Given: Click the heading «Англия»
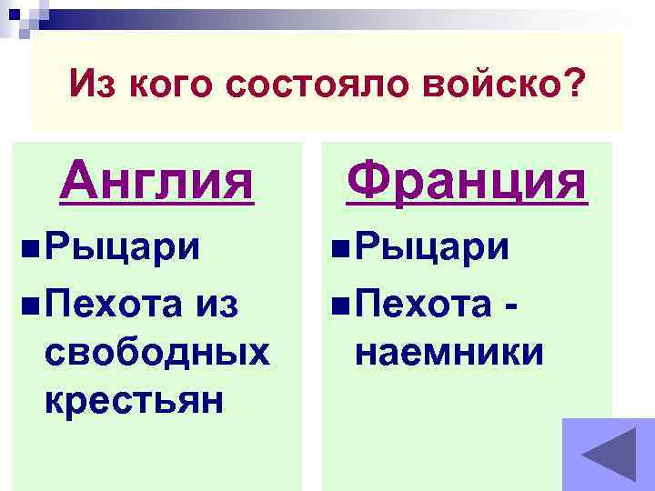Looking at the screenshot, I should tap(156, 179).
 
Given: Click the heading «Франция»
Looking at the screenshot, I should tap(467, 179).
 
